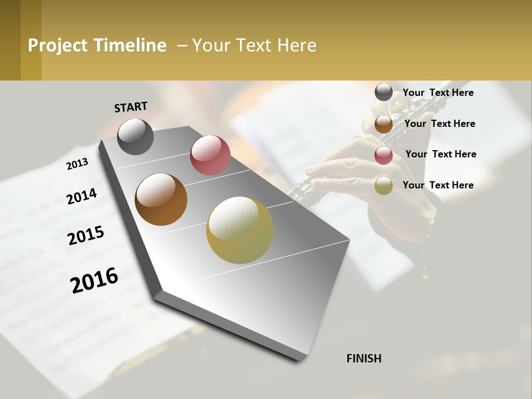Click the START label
click(x=131, y=107)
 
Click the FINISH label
click(x=364, y=359)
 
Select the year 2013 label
click(x=77, y=163)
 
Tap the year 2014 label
click(x=81, y=196)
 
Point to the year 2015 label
click(x=86, y=235)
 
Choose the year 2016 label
click(x=94, y=280)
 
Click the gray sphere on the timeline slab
click(x=135, y=136)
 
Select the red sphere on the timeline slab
click(x=210, y=155)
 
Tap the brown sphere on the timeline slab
click(x=161, y=199)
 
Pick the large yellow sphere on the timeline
click(x=240, y=230)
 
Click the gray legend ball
click(x=383, y=93)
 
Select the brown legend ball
click(x=383, y=124)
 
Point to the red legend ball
click(x=383, y=155)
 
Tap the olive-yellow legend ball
click(x=383, y=186)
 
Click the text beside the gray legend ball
click(x=438, y=93)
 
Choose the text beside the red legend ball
click(x=441, y=154)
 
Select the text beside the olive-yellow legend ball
click(x=438, y=185)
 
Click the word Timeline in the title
click(x=130, y=45)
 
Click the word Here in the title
click(x=296, y=45)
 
